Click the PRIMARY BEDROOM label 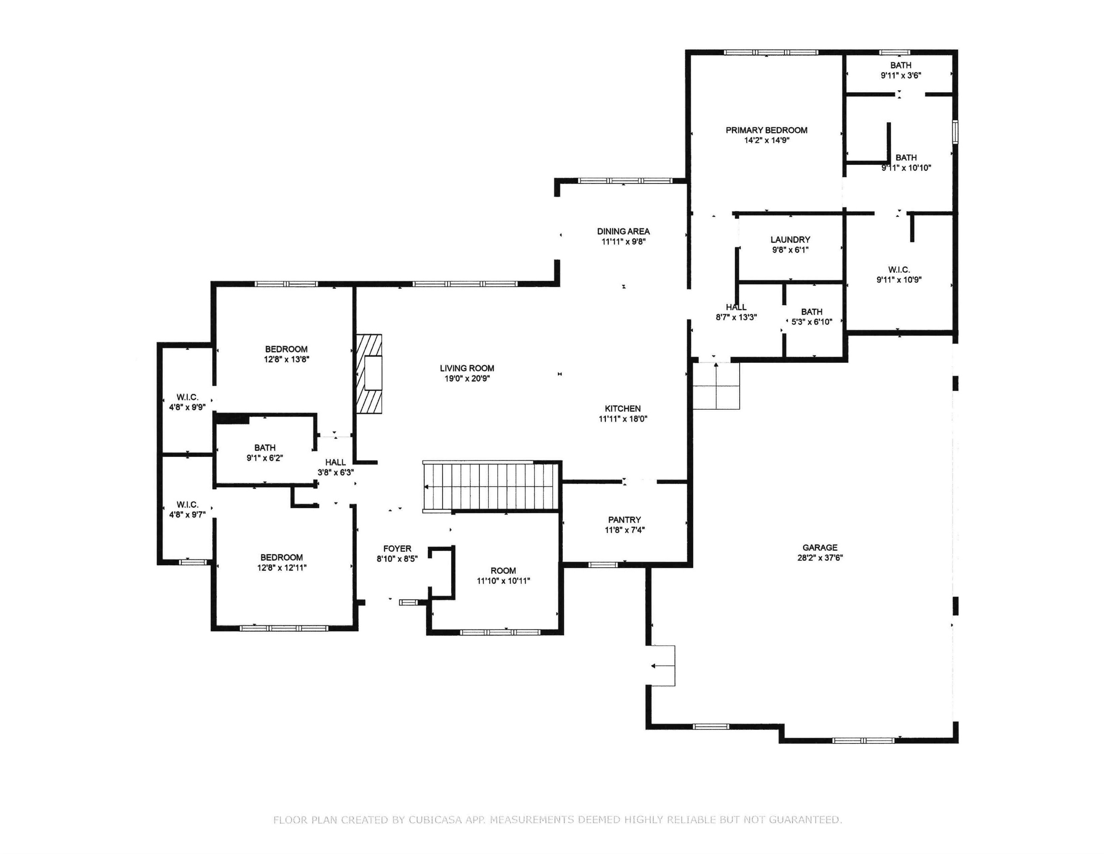click(x=766, y=130)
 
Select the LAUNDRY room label click(x=790, y=240)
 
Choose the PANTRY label click(x=624, y=520)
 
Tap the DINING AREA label click(x=623, y=232)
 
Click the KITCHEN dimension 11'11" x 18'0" click(x=623, y=419)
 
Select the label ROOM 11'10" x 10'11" click(x=503, y=576)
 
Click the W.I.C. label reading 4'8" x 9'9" click(x=187, y=402)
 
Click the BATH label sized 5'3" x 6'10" click(x=811, y=317)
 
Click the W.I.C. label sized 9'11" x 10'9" click(x=899, y=275)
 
